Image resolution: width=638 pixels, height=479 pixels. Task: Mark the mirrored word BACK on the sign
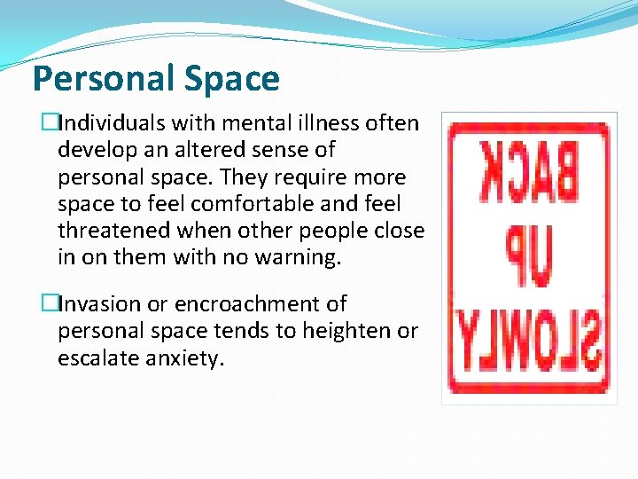click(x=528, y=170)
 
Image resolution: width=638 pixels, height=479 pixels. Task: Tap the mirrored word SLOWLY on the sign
click(x=528, y=342)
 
